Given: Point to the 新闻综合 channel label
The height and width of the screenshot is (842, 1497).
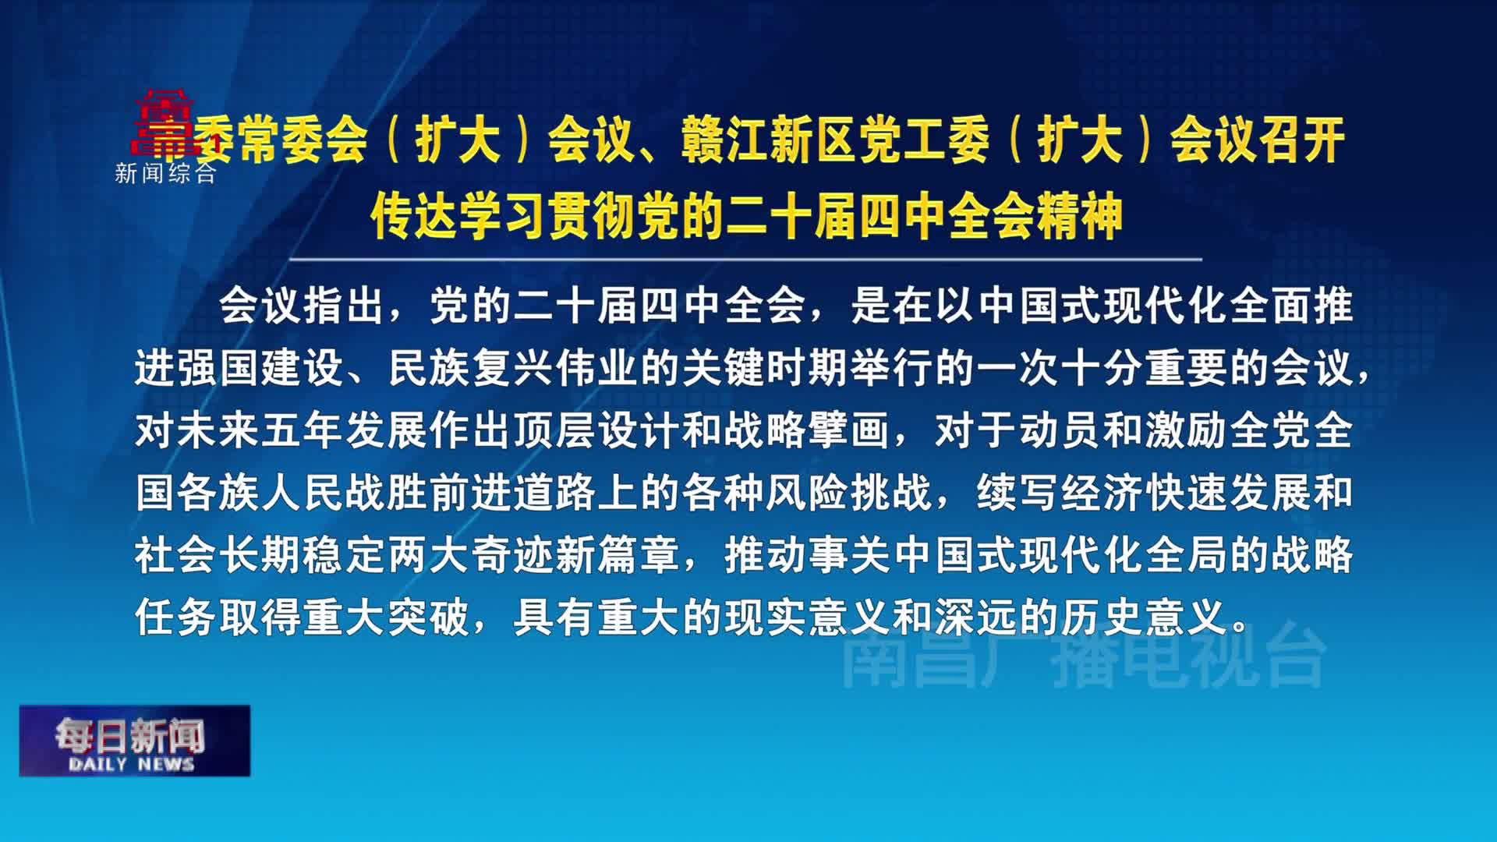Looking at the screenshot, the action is coord(165,173).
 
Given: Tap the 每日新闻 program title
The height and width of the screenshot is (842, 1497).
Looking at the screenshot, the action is coord(129,735).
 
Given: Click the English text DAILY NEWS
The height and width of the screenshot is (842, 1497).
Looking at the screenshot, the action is coord(131,764).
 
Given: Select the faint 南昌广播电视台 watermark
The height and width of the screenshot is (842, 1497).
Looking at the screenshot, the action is coord(1084,659).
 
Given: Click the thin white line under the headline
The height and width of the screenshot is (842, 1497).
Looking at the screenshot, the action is coord(745,259).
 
